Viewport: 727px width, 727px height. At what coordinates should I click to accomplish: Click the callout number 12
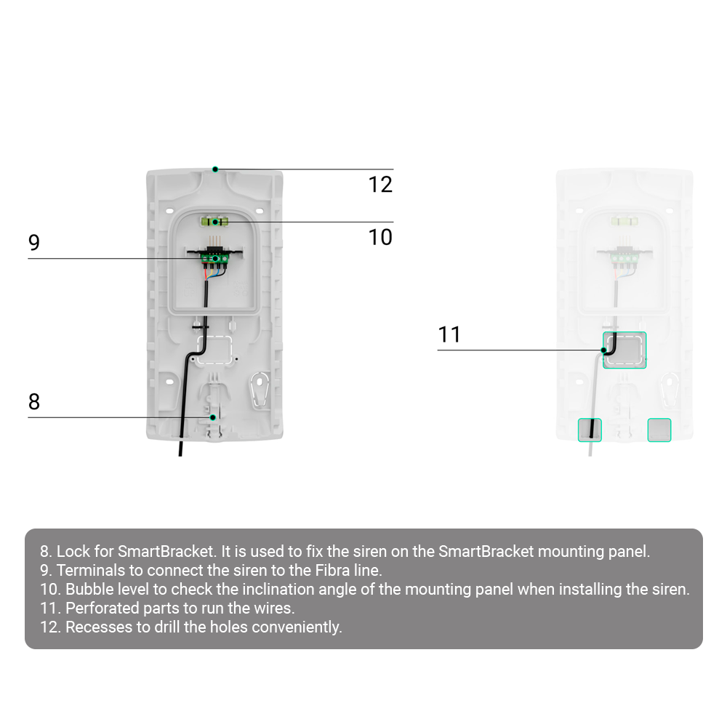click(x=380, y=185)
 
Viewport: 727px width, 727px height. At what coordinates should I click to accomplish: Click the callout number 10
click(x=380, y=238)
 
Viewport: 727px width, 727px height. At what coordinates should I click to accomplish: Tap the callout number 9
click(x=34, y=243)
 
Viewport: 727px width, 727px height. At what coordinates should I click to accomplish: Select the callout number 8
click(x=34, y=401)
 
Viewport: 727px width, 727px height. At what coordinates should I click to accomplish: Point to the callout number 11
click(x=449, y=334)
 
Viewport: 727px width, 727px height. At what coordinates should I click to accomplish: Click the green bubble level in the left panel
click(x=214, y=222)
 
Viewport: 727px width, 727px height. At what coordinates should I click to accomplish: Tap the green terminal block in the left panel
click(x=214, y=258)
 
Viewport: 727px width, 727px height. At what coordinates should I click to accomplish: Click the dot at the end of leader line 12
click(x=215, y=169)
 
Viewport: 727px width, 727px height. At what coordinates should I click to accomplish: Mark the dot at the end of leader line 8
click(x=213, y=417)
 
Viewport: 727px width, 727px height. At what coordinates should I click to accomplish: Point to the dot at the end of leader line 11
click(x=603, y=350)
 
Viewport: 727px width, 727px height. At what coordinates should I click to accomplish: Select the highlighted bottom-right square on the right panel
click(x=659, y=430)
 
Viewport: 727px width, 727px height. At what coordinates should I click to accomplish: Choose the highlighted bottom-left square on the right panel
click(x=590, y=430)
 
